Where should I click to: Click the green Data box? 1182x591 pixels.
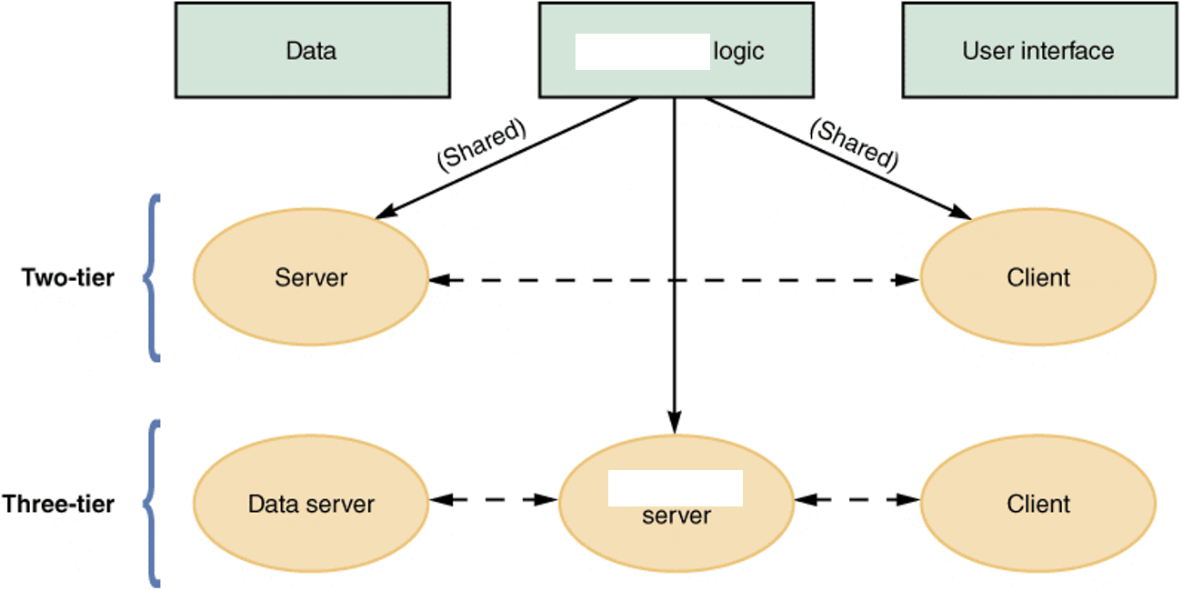tap(312, 50)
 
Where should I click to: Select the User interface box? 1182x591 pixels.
tap(1037, 50)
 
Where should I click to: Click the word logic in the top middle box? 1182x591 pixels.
tap(738, 51)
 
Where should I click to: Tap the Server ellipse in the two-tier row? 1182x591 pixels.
tap(311, 277)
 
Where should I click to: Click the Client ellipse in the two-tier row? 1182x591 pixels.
tap(1038, 277)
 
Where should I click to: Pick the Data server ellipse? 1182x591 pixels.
tap(311, 504)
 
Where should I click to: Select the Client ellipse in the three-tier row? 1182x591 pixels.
tap(1038, 504)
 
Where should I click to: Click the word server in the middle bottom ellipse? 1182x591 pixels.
tap(676, 516)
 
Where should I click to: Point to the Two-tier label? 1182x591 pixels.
tap(68, 277)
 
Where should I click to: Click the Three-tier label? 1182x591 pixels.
tap(58, 504)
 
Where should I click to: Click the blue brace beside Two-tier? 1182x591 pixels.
tap(151, 277)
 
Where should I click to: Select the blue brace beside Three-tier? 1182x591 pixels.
tap(151, 503)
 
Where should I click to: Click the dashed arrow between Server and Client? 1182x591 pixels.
tap(674, 280)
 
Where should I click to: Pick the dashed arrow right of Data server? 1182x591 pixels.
tap(493, 499)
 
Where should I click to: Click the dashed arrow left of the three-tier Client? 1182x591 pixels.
tap(856, 499)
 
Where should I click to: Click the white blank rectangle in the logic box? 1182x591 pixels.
tap(642, 52)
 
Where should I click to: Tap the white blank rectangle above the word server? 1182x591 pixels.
tap(675, 488)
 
